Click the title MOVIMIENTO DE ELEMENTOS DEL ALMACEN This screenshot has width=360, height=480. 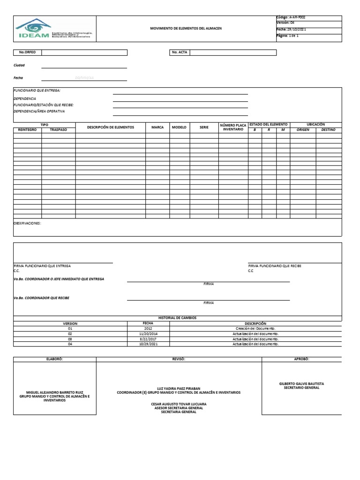pos(186,29)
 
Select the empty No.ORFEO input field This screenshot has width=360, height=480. pos(84,52)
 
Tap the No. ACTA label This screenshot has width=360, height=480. pos(179,52)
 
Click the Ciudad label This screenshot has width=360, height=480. pos(19,66)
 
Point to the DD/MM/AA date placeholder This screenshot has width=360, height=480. pos(84,78)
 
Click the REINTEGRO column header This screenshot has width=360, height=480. pos(27,129)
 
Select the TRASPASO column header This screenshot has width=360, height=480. pos(58,129)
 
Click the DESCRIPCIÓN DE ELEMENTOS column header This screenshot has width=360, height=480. pos(110,127)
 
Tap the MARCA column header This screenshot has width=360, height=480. pos(157,127)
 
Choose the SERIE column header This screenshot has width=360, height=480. pos(204,127)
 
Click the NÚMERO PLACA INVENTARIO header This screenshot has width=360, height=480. pos(233,127)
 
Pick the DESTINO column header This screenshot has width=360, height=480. pos(328,129)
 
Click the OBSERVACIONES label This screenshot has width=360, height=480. pos(27,224)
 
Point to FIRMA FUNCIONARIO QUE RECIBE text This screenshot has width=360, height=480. pos(275,266)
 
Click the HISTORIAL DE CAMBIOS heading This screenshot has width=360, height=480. pos(178,318)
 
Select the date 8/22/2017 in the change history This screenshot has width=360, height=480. pos(148,338)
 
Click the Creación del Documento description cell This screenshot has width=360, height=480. pos(255,329)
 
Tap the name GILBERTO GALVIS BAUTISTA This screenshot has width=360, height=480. pos(301,383)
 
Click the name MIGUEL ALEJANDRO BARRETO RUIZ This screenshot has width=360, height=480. pos(54,392)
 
